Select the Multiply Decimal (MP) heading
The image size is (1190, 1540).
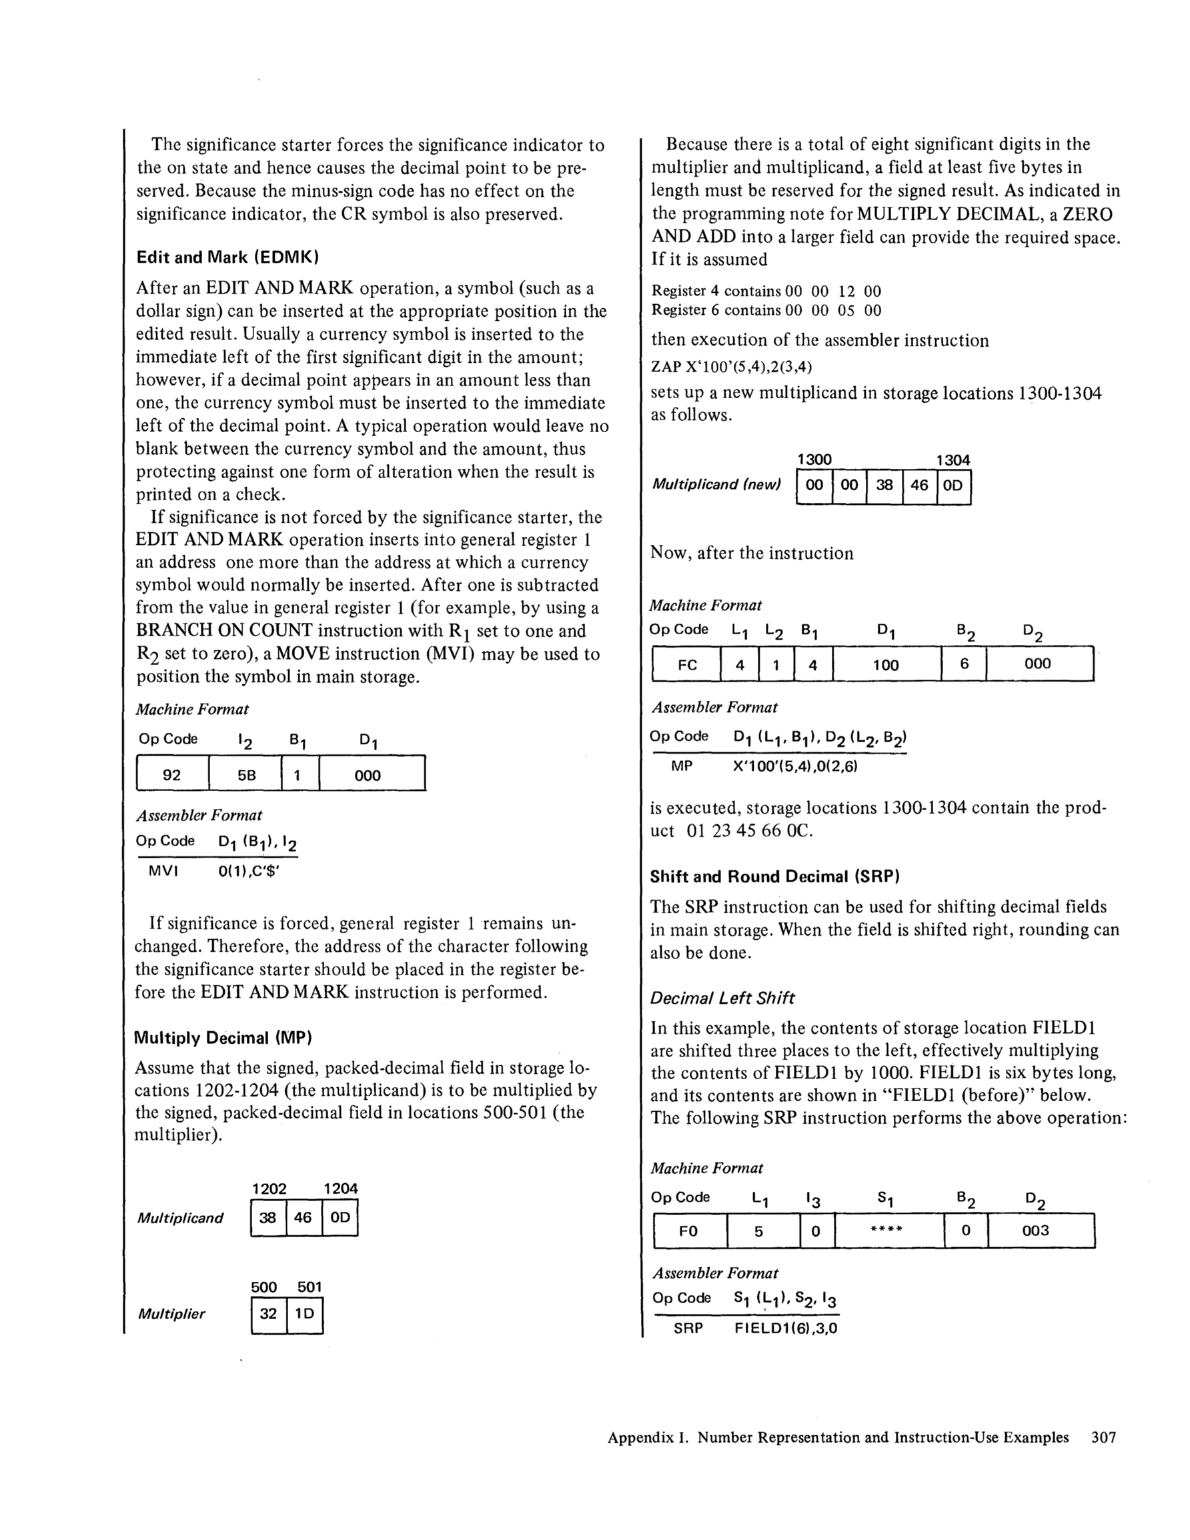tap(223, 1038)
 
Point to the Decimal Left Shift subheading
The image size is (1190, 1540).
tap(722, 998)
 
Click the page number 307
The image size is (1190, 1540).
tap(1103, 1438)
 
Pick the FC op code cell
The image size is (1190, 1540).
tap(686, 665)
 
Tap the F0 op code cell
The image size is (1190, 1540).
tap(688, 1231)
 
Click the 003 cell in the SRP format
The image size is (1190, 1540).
tap(1035, 1231)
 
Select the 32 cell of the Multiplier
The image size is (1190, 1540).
tap(269, 1314)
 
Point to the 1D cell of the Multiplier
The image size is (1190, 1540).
tap(305, 1314)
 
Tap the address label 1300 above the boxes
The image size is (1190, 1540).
tap(814, 460)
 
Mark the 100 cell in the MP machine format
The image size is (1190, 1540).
tap(886, 665)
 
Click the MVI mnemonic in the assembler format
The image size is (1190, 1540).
tap(163, 872)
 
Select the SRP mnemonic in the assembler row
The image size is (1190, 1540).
tap(688, 1329)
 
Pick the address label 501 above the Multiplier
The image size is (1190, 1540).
tap(309, 1287)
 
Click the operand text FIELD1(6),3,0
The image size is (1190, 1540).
tap(786, 1329)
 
